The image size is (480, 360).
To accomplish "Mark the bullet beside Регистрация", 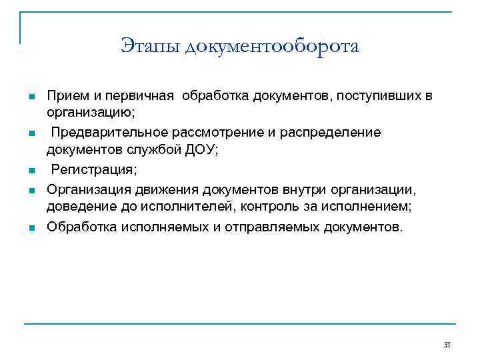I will coord(31,171).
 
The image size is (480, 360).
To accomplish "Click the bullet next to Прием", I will coord(31,97).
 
